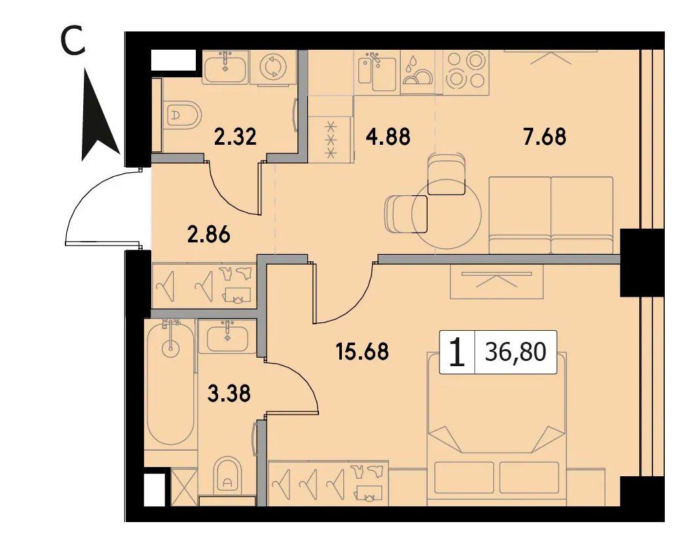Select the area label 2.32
(x=235, y=137)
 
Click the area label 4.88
(x=388, y=137)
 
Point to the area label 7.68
(x=545, y=137)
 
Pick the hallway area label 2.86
(x=209, y=235)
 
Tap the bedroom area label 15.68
(x=362, y=352)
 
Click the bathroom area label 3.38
(x=229, y=394)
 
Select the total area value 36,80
(x=515, y=352)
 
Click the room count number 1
(x=457, y=352)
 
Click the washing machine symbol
(x=273, y=67)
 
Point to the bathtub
(x=170, y=381)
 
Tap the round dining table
(x=447, y=214)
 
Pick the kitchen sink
(x=377, y=72)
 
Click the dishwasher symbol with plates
(x=417, y=72)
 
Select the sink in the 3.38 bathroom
(x=227, y=336)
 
